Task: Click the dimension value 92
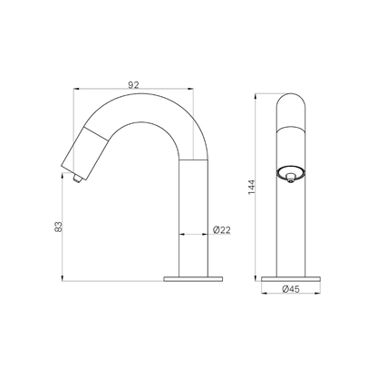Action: pyautogui.click(x=133, y=85)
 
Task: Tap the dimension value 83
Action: pyautogui.click(x=58, y=227)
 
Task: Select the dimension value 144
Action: pyautogui.click(x=252, y=188)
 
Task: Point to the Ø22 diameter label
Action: pyautogui.click(x=222, y=230)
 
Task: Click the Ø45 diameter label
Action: pyautogui.click(x=291, y=289)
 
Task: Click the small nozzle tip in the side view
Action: pyautogui.click(x=77, y=179)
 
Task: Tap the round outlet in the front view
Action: pyautogui.click(x=291, y=175)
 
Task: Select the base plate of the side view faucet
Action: pyautogui.click(x=193, y=279)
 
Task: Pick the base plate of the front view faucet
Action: pyautogui.click(x=291, y=279)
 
